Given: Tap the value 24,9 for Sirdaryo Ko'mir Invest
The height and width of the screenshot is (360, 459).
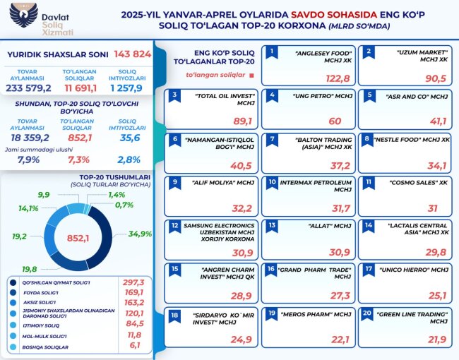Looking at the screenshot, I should click(241, 340).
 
